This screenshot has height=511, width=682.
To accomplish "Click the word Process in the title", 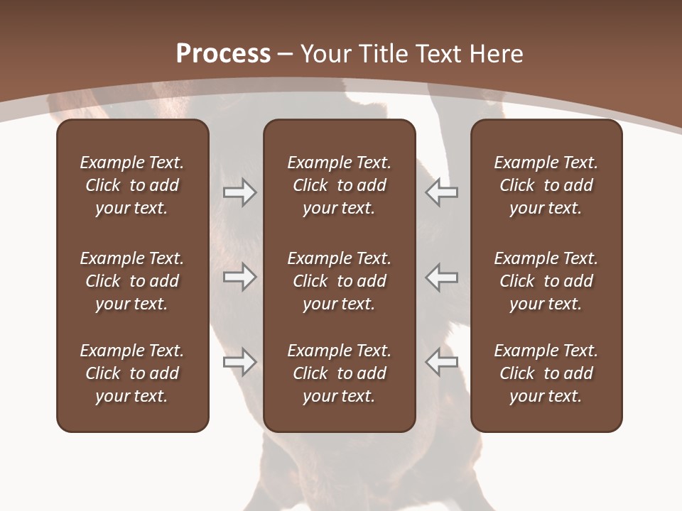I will [x=223, y=54].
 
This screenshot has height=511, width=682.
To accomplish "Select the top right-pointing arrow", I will [x=239, y=192].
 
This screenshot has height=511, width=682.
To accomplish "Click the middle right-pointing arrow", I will [x=239, y=277].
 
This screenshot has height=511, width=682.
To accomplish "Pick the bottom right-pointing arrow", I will [x=239, y=362].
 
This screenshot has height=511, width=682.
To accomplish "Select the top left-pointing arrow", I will [x=441, y=192].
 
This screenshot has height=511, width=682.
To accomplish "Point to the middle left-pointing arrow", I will [x=441, y=277].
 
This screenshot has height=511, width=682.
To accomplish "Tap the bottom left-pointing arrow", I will [x=441, y=362].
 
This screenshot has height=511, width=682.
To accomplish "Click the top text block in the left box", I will [x=132, y=185].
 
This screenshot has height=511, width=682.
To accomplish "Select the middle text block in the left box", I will [x=132, y=281].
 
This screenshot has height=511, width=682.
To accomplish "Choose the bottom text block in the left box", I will [x=132, y=373].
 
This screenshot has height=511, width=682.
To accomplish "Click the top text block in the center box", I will [x=339, y=185].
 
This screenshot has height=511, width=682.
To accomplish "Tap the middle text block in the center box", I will [x=339, y=281].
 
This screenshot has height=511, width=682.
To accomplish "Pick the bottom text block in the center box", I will [x=339, y=373].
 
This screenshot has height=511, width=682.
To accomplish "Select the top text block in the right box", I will [x=546, y=185].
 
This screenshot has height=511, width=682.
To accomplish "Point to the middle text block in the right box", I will [x=546, y=281].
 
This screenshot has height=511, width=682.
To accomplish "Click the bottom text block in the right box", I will [x=546, y=373].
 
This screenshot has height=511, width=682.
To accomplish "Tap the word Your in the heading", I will [x=325, y=54].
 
